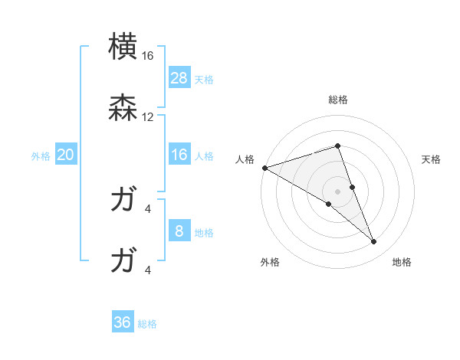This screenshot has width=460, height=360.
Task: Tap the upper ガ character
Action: [123, 201]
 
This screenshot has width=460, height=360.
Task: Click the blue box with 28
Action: [179, 78]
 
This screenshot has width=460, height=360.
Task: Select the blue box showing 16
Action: [179, 155]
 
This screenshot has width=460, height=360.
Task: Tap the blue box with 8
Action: [179, 231]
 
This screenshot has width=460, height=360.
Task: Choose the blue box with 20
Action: [66, 155]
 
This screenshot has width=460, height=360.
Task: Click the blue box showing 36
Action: [123, 322]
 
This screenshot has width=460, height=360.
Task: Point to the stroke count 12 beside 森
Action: [148, 117]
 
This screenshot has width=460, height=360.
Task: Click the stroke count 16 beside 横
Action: [148, 56]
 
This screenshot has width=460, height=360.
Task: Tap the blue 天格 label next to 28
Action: [204, 80]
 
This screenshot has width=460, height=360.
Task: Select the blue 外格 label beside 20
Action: [41, 156]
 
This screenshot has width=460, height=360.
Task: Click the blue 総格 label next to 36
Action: [147, 324]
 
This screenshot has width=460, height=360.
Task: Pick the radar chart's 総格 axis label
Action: [338, 100]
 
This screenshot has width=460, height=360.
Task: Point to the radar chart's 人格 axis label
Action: [245, 159]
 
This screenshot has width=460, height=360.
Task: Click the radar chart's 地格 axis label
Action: [402, 262]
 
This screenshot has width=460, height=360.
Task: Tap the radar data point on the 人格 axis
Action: [264, 168]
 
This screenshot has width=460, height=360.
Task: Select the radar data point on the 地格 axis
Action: [374, 242]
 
